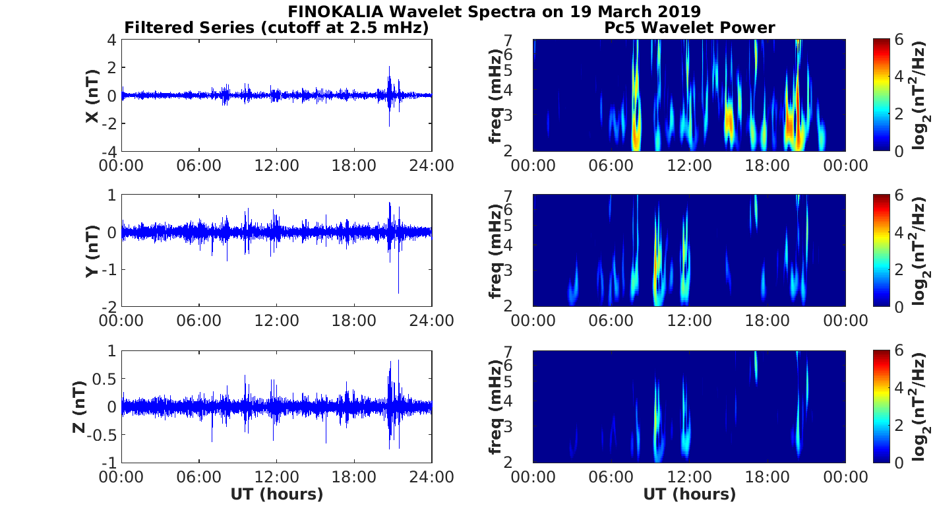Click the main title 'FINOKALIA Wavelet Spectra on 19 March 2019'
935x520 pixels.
494,12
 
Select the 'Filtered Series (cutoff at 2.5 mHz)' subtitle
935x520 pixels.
276,28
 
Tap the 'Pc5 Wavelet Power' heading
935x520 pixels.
689,28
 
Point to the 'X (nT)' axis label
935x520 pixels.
93,96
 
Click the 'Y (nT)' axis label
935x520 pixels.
93,251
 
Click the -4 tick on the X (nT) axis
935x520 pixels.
109,152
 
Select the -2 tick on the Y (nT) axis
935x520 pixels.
109,307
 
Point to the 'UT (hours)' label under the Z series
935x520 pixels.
276,494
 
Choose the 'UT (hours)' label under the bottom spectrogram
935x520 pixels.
689,494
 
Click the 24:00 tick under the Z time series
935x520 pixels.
432,476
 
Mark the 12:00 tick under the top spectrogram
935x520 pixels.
689,166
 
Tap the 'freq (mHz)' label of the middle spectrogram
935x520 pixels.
496,251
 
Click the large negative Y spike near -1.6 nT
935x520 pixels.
398,290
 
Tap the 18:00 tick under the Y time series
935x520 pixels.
354,321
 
